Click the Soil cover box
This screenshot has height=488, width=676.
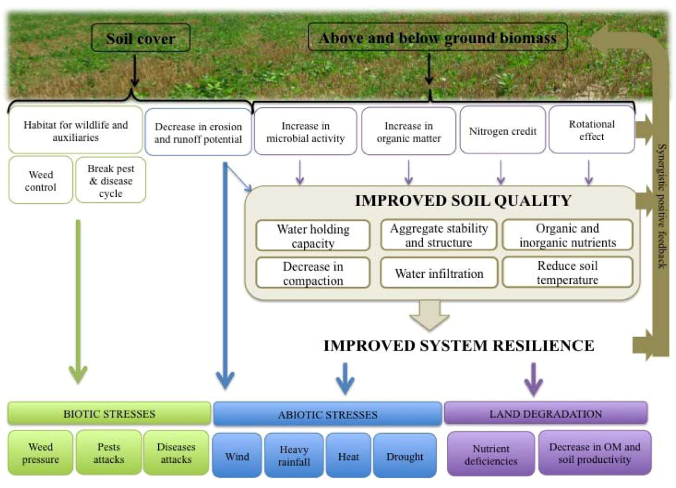click(140, 38)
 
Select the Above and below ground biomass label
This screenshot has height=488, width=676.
click(438, 37)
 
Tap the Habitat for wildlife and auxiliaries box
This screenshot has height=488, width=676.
click(76, 131)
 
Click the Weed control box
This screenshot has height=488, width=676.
click(41, 181)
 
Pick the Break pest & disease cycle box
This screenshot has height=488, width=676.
click(110, 181)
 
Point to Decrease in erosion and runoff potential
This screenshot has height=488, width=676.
click(198, 133)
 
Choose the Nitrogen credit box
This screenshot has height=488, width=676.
click(502, 132)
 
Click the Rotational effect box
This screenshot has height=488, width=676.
click(591, 130)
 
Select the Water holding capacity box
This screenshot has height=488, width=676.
click(313, 236)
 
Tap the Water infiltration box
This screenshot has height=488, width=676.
click(439, 273)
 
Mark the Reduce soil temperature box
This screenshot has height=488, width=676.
click(567, 273)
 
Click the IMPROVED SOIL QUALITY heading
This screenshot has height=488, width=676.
click(463, 200)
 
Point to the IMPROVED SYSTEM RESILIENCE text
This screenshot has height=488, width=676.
click(458, 345)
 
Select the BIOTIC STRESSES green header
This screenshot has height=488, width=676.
click(109, 414)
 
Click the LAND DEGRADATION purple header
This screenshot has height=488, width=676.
click(546, 414)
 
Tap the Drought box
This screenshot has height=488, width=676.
click(405, 457)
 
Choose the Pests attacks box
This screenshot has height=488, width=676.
click(108, 453)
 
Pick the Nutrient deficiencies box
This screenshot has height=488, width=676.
click(491, 455)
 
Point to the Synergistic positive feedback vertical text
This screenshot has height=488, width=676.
click(662, 205)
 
